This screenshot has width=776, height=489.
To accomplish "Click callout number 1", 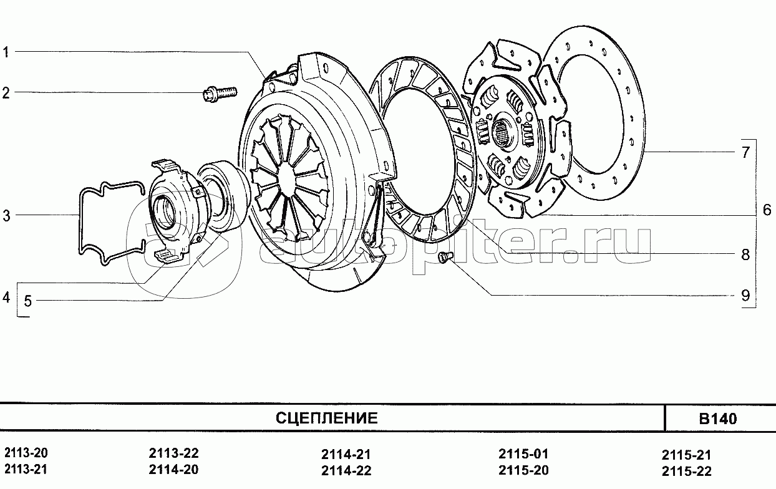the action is point(6,52).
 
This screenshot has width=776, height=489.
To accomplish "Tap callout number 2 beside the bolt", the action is point(6,93).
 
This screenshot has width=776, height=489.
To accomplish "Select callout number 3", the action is point(7,215).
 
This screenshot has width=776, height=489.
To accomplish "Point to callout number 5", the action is point(28,301).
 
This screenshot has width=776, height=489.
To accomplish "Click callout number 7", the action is point(745,152).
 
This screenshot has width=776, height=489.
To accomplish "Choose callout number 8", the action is point(745,254).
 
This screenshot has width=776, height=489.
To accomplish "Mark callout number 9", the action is point(745,296).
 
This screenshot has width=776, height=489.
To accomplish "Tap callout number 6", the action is point(767,210).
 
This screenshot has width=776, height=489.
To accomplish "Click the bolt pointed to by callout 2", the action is point(220,94).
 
